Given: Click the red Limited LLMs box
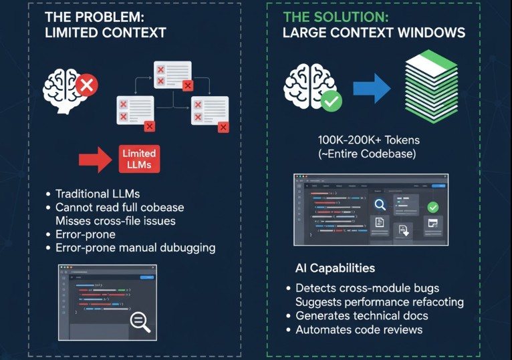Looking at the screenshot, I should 139,159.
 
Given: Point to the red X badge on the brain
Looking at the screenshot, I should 86,85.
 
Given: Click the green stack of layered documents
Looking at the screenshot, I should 431,86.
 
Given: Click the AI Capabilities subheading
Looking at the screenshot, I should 335,268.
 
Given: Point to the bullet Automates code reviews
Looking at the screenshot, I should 359,329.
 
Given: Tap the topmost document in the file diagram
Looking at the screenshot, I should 172,74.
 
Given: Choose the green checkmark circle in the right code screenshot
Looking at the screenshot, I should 432,207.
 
